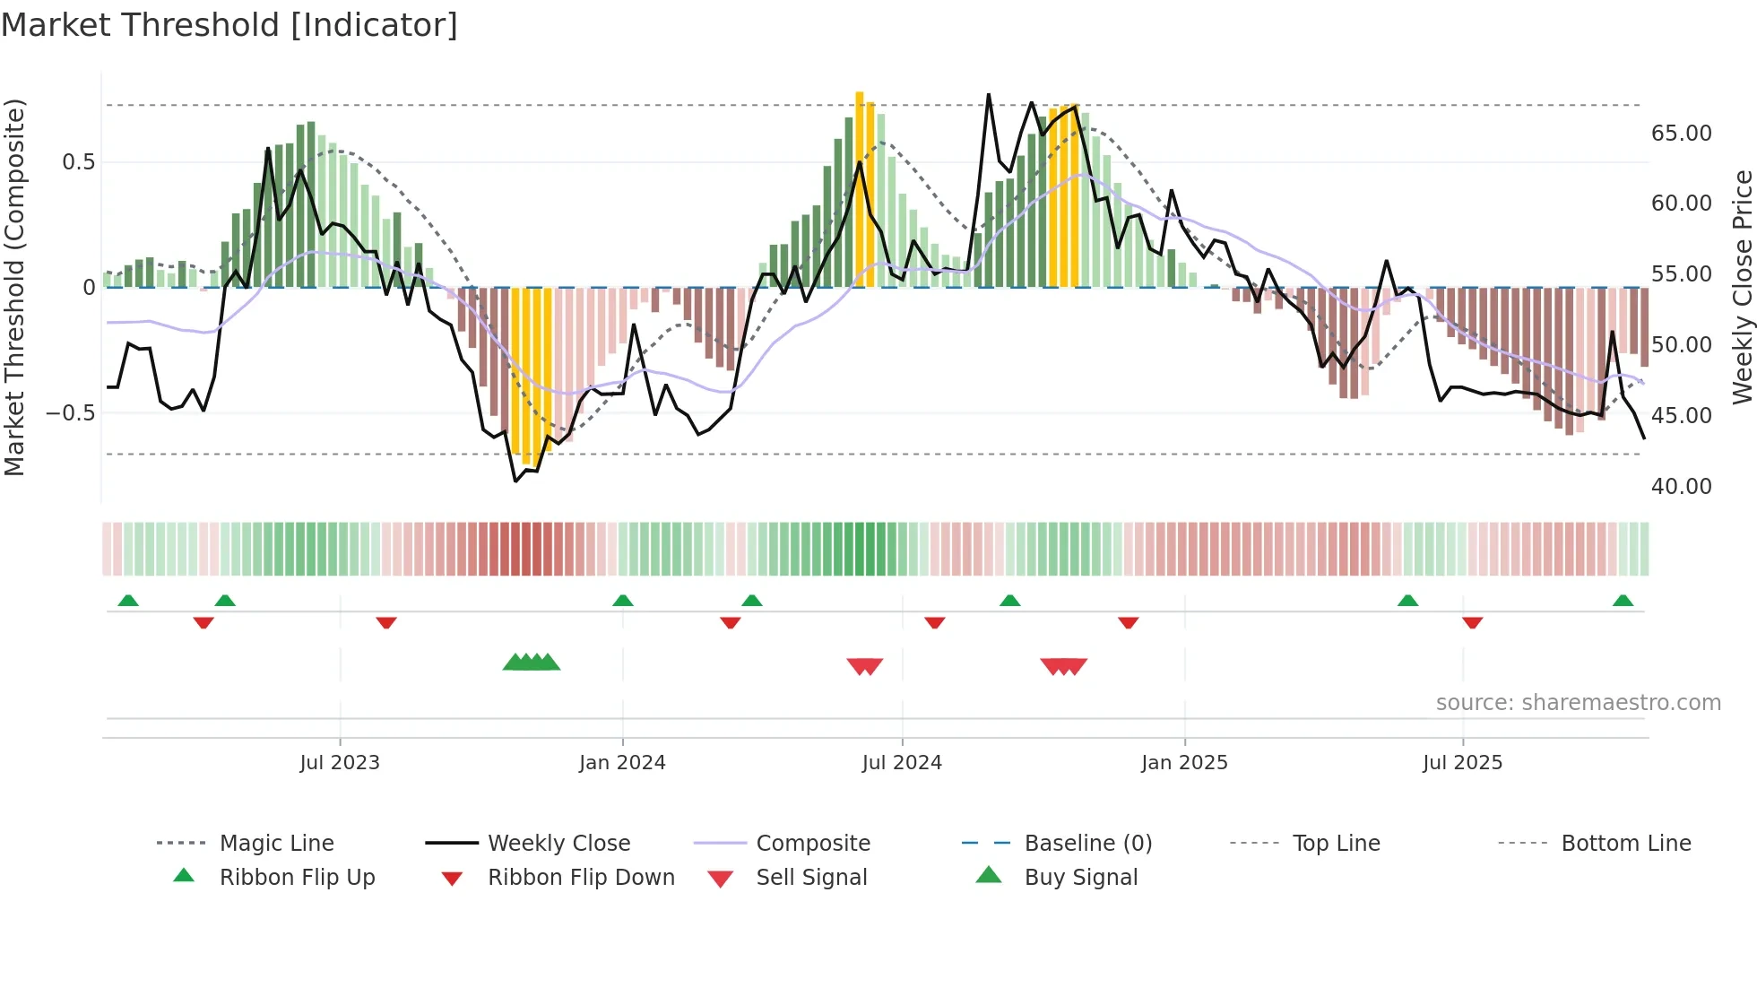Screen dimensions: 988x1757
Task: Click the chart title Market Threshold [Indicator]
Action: pyautogui.click(x=229, y=25)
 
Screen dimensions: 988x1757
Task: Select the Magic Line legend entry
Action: pyautogui.click(x=276, y=844)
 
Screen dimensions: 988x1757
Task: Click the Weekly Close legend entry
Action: pyautogui.click(x=558, y=844)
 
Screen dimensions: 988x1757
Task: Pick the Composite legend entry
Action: pyautogui.click(x=812, y=844)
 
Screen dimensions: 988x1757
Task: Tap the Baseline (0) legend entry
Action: pyautogui.click(x=1087, y=844)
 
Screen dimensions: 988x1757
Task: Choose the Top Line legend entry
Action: pyautogui.click(x=1336, y=844)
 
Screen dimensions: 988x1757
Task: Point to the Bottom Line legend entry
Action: pyautogui.click(x=1625, y=844)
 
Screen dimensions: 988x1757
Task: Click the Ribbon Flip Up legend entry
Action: pyautogui.click(x=297, y=878)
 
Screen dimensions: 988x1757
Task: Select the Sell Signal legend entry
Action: pyautogui.click(x=811, y=878)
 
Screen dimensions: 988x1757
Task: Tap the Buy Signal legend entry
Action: pyautogui.click(x=1080, y=878)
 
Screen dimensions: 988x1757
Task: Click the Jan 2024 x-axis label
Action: pyautogui.click(x=622, y=763)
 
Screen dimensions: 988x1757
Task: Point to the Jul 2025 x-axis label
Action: pyautogui.click(x=1462, y=763)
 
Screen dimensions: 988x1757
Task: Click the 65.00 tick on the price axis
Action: pyautogui.click(x=1681, y=134)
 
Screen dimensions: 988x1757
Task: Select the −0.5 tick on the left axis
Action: pyautogui.click(x=71, y=413)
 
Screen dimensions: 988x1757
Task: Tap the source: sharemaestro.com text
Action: pyautogui.click(x=1578, y=703)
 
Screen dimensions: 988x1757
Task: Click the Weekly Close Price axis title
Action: pyautogui.click(x=1742, y=287)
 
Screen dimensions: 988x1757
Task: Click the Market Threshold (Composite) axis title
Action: pyautogui.click(x=14, y=287)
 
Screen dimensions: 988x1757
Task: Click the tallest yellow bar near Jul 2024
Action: pyautogui.click(x=859, y=188)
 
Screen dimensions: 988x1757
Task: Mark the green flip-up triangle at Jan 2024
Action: pyautogui.click(x=623, y=601)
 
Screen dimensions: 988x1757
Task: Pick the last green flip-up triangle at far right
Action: pyautogui.click(x=1623, y=601)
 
